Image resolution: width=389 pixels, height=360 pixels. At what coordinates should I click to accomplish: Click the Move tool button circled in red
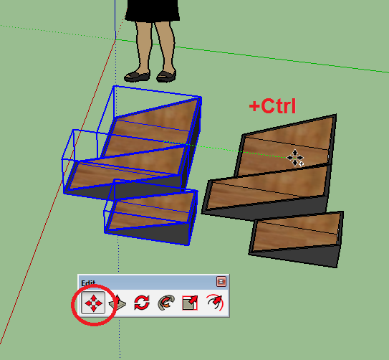pyautogui.click(x=93, y=303)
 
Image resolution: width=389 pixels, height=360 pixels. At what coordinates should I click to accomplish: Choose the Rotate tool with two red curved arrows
pyautogui.click(x=142, y=303)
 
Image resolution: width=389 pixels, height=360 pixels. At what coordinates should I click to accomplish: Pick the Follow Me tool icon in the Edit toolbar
pyautogui.click(x=166, y=303)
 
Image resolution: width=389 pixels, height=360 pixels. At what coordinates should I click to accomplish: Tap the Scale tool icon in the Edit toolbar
pyautogui.click(x=190, y=303)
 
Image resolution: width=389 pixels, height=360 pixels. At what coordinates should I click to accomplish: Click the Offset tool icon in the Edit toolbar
pyautogui.click(x=215, y=302)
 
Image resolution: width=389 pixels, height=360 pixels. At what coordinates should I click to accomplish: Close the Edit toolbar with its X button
pyautogui.click(x=221, y=282)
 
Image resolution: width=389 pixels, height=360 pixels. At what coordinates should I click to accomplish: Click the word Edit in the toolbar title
pyautogui.click(x=88, y=283)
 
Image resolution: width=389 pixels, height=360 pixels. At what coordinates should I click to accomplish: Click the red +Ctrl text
pyautogui.click(x=272, y=106)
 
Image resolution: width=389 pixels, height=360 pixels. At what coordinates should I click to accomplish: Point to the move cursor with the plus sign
pyautogui.click(x=295, y=158)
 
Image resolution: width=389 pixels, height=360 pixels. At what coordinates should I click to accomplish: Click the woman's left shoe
pyautogui.click(x=166, y=76)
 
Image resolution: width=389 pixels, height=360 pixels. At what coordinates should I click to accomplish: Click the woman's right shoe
pyautogui.click(x=137, y=76)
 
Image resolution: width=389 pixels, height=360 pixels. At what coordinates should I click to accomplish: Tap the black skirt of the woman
pyautogui.click(x=153, y=11)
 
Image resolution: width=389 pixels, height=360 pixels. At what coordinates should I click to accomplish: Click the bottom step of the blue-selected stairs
pyautogui.click(x=151, y=211)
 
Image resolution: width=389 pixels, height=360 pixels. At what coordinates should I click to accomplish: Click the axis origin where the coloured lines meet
pyautogui.click(x=115, y=39)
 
